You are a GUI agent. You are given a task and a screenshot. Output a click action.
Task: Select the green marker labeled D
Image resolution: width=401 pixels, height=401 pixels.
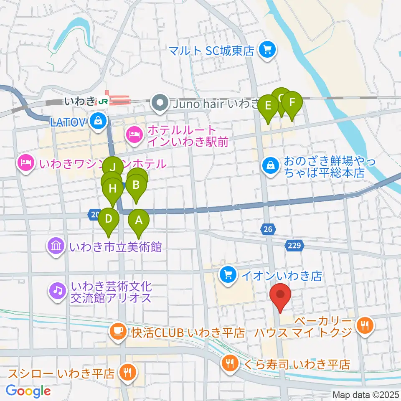click(x=109, y=218)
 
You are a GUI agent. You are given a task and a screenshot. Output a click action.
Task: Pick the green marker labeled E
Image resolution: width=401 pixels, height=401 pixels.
click(x=268, y=105)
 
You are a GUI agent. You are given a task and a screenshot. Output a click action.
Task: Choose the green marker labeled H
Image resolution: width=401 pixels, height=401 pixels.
click(x=112, y=188)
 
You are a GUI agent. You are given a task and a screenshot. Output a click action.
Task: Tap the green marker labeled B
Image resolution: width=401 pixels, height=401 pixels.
click(x=136, y=184)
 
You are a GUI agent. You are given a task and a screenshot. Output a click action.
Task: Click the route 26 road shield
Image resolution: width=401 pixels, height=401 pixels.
click(x=268, y=228)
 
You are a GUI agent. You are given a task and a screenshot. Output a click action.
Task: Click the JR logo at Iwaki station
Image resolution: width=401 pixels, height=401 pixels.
click(x=103, y=101)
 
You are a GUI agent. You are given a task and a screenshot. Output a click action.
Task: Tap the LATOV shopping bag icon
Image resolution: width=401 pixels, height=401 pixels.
click(x=97, y=122)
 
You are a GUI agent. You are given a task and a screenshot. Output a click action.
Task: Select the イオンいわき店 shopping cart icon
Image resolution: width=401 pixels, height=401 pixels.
click(x=228, y=275)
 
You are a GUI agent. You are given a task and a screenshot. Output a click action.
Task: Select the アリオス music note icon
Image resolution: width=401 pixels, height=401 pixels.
click(x=57, y=291)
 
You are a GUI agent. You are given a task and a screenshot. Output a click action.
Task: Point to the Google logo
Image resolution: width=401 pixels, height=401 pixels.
click(x=28, y=391)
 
